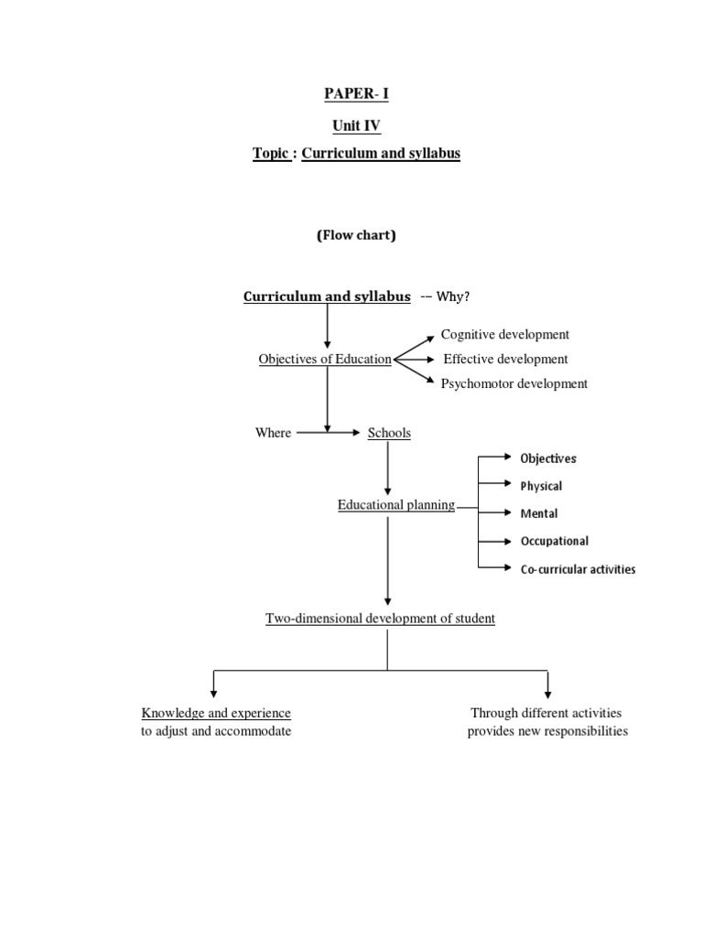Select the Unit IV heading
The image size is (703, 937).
[356, 124]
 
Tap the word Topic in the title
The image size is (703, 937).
[272, 154]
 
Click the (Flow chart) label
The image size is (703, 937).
[356, 235]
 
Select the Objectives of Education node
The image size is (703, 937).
[325, 360]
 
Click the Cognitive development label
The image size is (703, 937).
[504, 335]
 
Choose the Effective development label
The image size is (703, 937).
[505, 360]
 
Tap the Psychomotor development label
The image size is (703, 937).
[514, 384]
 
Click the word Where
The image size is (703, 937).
[273, 433]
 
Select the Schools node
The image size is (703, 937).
[389, 433]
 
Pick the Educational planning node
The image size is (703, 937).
[395, 505]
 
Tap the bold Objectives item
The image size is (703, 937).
[548, 458]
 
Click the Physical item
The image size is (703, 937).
[541, 486]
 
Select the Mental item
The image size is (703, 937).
[538, 513]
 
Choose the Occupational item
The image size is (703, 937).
[554, 541]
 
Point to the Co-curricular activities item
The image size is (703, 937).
[578, 569]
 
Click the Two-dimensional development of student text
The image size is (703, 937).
[380, 619]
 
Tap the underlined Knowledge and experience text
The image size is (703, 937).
[216, 713]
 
